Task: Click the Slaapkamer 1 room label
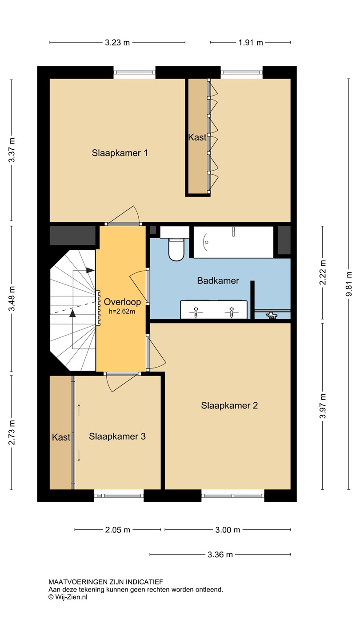point(120,153)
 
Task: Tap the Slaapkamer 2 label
point(229,405)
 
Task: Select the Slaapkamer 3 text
point(117,436)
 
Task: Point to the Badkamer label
point(218,280)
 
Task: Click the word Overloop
point(122,302)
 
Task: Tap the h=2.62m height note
point(122,312)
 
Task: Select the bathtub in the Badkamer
point(233,242)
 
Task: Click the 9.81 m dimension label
point(348,284)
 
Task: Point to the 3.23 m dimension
point(117,43)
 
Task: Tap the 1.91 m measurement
point(251,43)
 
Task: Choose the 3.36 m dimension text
point(220,555)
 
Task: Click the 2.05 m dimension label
point(117,530)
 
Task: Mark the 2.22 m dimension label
point(323,272)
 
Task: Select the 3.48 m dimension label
point(12,298)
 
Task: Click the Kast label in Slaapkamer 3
point(61,437)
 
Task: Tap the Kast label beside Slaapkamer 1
point(197,137)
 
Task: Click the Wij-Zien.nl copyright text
point(68,597)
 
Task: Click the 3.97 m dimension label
point(323,406)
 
